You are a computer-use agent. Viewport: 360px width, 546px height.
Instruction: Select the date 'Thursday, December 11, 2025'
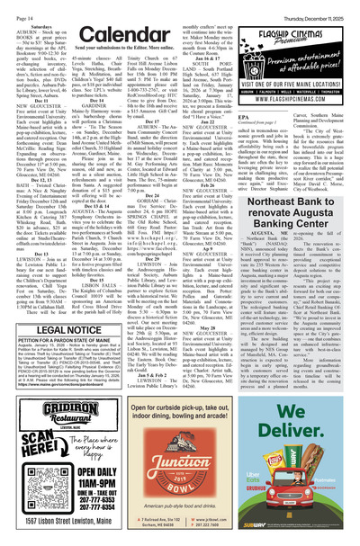(317, 7)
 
